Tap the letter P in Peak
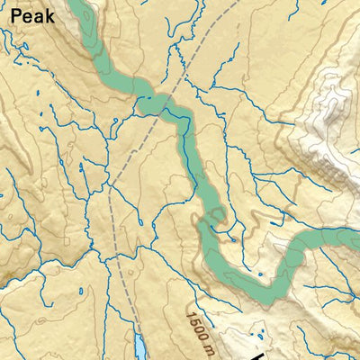coord(8,16)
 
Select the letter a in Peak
coord(35,18)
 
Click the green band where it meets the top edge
coord(79,5)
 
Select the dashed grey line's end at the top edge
coord(237,3)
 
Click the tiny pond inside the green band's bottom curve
coord(260,274)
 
